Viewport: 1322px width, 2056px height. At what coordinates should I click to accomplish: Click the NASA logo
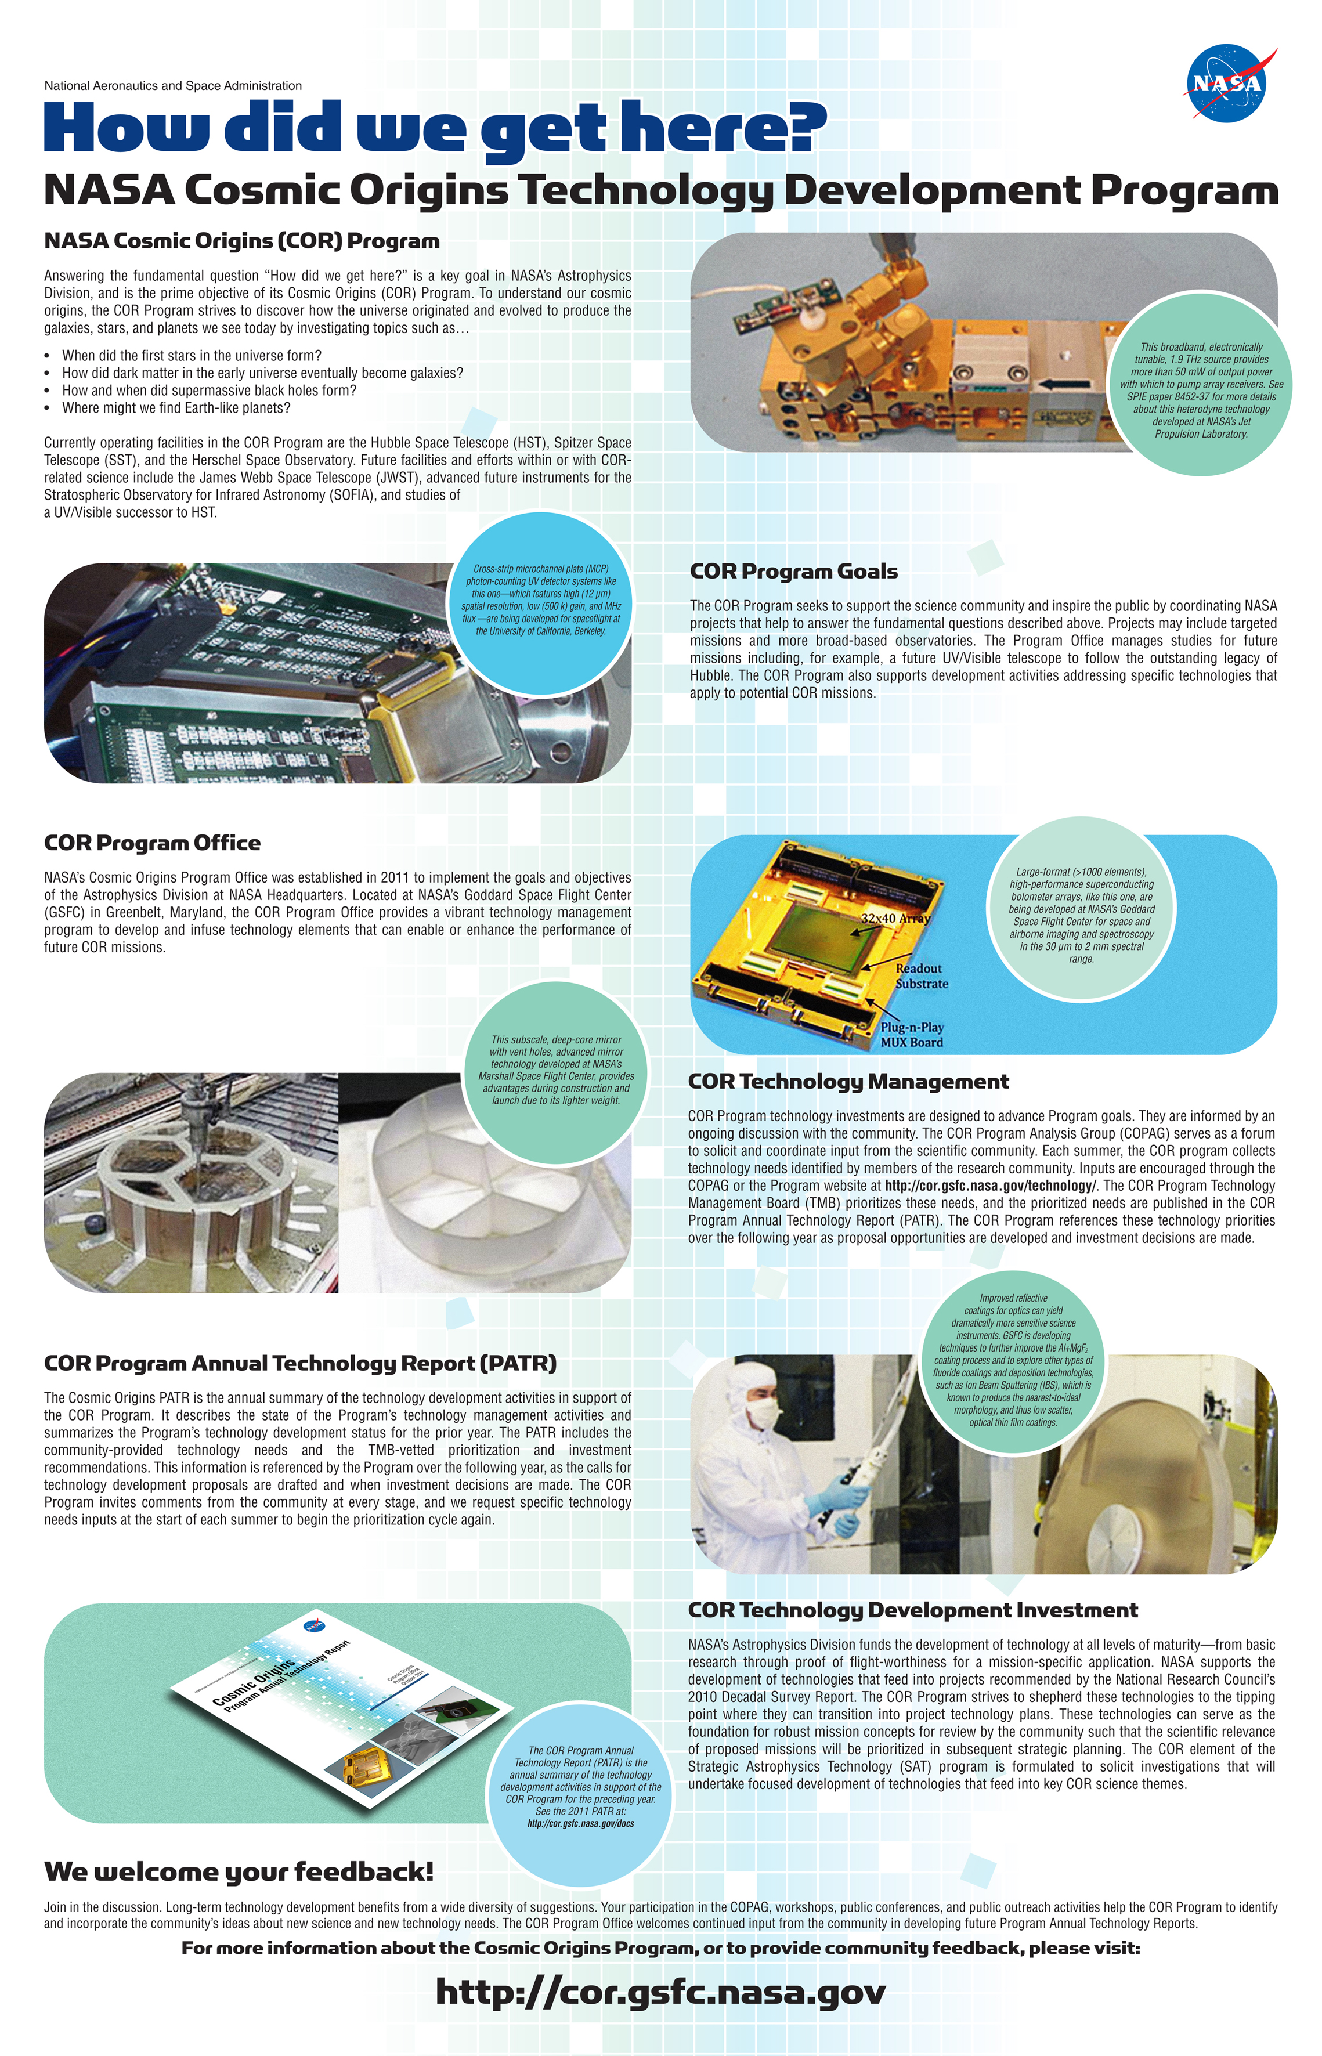coord(1227,83)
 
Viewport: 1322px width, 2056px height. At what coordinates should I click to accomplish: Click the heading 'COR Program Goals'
coord(793,572)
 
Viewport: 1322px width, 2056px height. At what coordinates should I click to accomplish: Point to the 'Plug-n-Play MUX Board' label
coord(912,1035)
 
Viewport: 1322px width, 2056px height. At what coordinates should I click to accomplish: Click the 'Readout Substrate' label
coord(920,976)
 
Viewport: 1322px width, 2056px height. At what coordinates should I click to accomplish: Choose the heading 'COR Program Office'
coord(152,843)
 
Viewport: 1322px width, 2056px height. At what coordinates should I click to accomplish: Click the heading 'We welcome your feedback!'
coord(239,1871)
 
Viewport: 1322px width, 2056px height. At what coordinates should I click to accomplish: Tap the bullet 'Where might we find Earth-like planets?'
coord(176,408)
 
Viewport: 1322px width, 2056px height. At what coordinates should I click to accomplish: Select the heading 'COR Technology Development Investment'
coord(912,1610)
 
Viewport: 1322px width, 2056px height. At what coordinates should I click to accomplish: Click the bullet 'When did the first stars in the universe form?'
coord(192,355)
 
